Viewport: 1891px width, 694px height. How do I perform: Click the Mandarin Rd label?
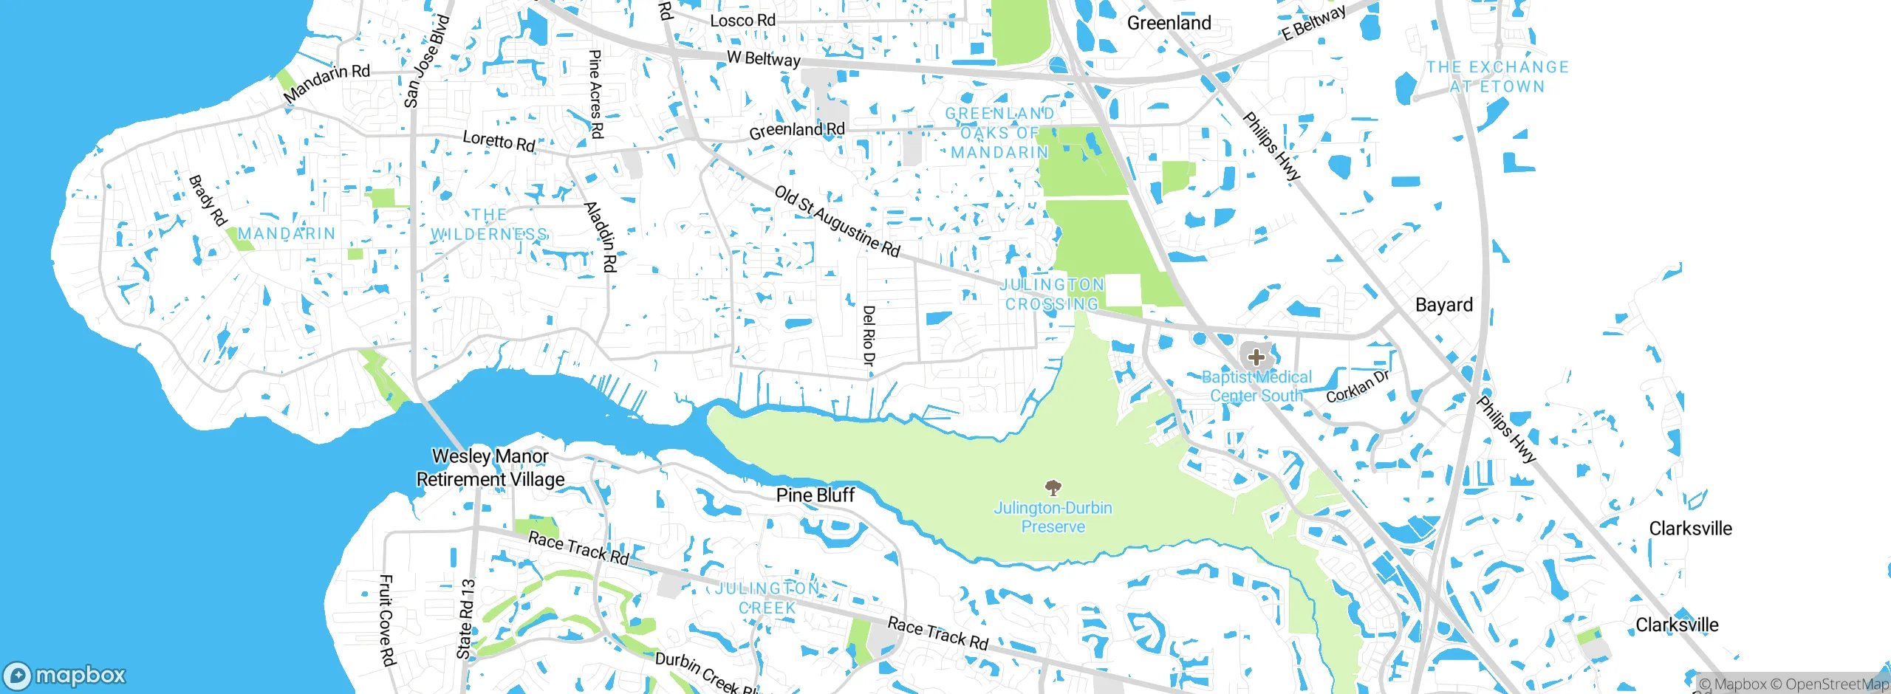pyautogui.click(x=326, y=82)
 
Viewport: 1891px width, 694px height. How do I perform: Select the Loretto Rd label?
pyautogui.click(x=499, y=140)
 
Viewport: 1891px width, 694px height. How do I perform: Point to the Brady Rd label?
pyautogui.click(x=207, y=200)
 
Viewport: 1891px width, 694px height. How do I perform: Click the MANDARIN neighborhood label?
pyautogui.click(x=287, y=233)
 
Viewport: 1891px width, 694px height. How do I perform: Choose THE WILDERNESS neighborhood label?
pyautogui.click(x=489, y=224)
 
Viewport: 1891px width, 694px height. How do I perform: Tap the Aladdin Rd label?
pyautogui.click(x=601, y=236)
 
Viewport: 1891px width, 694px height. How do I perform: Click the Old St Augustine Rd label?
pyautogui.click(x=837, y=221)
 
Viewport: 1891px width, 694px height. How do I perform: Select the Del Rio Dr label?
pyautogui.click(x=869, y=335)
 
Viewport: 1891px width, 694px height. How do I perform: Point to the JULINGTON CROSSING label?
pyautogui.click(x=1053, y=294)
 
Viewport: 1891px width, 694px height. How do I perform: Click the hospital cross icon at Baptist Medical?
pyautogui.click(x=1256, y=357)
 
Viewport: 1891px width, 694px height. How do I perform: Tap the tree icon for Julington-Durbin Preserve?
pyautogui.click(x=1053, y=487)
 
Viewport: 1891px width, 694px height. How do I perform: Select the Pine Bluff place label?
pyautogui.click(x=815, y=495)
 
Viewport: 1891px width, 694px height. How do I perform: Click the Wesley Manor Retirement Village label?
pyautogui.click(x=490, y=467)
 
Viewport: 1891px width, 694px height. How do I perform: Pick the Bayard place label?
pyautogui.click(x=1443, y=305)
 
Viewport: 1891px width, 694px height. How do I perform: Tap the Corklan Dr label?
pyautogui.click(x=1358, y=386)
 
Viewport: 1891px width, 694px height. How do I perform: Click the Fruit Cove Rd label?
pyautogui.click(x=386, y=620)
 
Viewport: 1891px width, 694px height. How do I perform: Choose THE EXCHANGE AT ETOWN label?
pyautogui.click(x=1497, y=77)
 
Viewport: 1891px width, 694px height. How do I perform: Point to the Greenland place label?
pyautogui.click(x=1169, y=23)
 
